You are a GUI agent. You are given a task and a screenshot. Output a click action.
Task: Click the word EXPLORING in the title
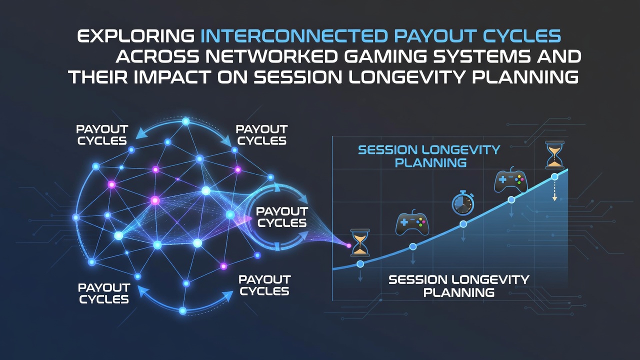coord(135,36)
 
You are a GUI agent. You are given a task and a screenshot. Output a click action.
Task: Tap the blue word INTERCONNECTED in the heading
coord(294,36)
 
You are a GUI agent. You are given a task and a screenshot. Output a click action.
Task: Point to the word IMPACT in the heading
coord(172,77)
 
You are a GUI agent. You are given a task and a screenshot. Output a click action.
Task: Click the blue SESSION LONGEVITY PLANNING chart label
coord(429,156)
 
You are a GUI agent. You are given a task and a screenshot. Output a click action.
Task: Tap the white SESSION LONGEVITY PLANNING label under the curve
coord(459,286)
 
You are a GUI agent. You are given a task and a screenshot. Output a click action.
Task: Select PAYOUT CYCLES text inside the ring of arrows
coord(282,217)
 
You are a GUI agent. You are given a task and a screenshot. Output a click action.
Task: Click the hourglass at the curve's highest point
coord(554,154)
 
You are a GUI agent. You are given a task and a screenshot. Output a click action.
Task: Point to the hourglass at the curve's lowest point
coord(360,242)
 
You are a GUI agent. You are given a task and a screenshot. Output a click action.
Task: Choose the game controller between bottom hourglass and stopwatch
coord(412,222)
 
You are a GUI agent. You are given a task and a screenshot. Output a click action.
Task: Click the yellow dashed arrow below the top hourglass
coord(554,191)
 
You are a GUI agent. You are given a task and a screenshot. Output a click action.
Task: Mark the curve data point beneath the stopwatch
coord(463,224)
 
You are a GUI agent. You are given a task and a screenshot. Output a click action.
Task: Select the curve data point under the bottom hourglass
coord(360,263)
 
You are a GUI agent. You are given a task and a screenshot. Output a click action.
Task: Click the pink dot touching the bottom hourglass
coord(348,245)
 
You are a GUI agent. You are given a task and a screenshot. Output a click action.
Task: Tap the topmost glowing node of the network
coord(185,121)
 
